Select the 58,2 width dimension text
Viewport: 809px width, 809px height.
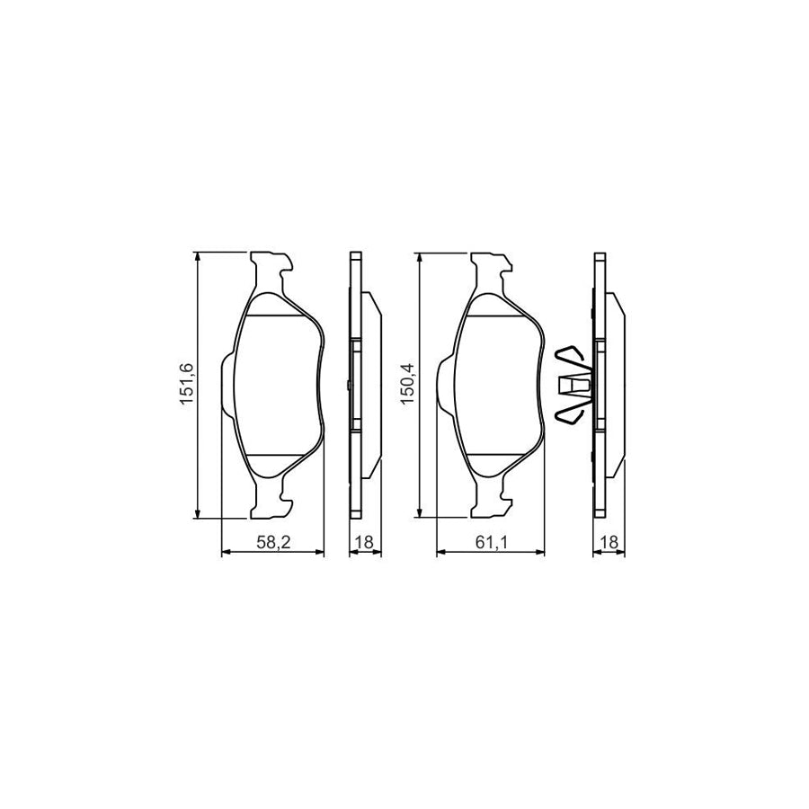(272, 543)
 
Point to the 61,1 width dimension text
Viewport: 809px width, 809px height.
(491, 543)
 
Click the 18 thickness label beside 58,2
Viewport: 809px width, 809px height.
(365, 543)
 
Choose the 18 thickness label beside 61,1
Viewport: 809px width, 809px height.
(610, 543)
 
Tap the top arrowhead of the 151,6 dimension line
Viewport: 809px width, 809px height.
(197, 256)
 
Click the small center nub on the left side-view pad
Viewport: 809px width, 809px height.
(346, 387)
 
